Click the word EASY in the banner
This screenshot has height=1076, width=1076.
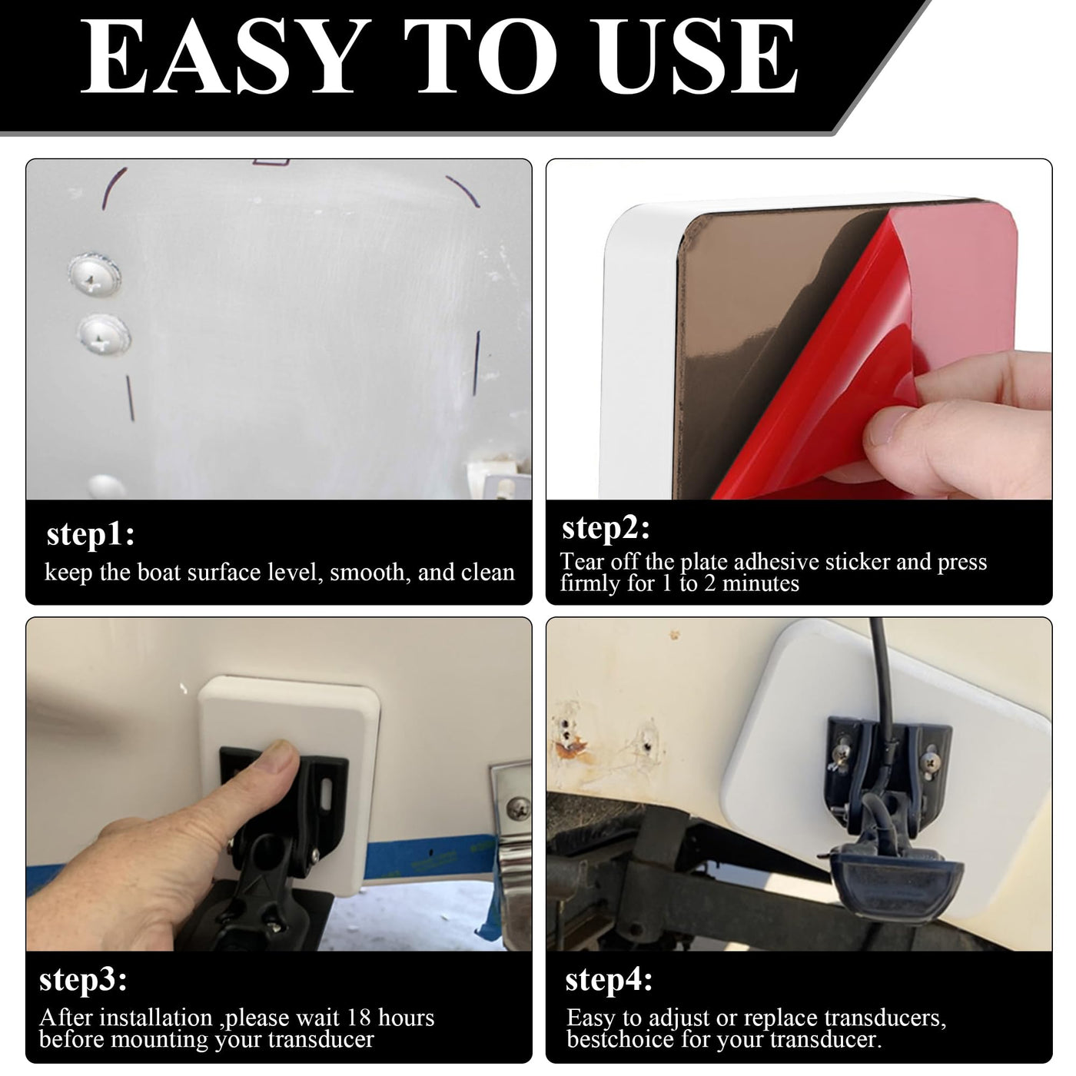click(x=226, y=56)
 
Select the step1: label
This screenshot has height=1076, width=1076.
click(x=91, y=535)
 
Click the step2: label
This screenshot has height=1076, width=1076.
click(x=606, y=529)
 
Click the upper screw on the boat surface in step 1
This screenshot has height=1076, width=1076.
click(x=94, y=274)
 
